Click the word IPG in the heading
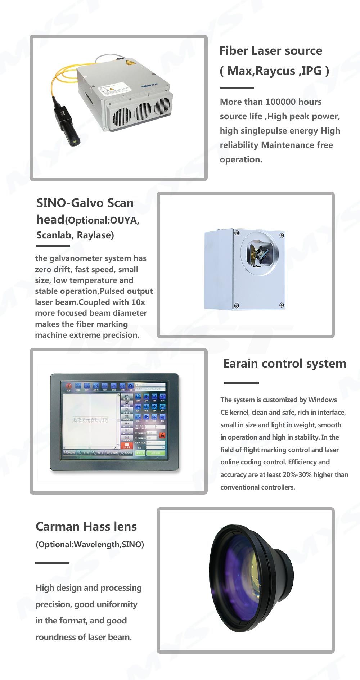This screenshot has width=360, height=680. point(312,71)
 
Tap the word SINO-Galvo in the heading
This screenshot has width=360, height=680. point(66,203)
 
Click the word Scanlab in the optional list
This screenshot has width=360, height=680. point(53,235)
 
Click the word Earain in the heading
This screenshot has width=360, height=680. point(240,364)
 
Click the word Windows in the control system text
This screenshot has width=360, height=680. point(323,400)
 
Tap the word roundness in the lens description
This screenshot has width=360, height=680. point(56,637)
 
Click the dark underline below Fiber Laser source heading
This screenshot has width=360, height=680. point(237,87)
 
